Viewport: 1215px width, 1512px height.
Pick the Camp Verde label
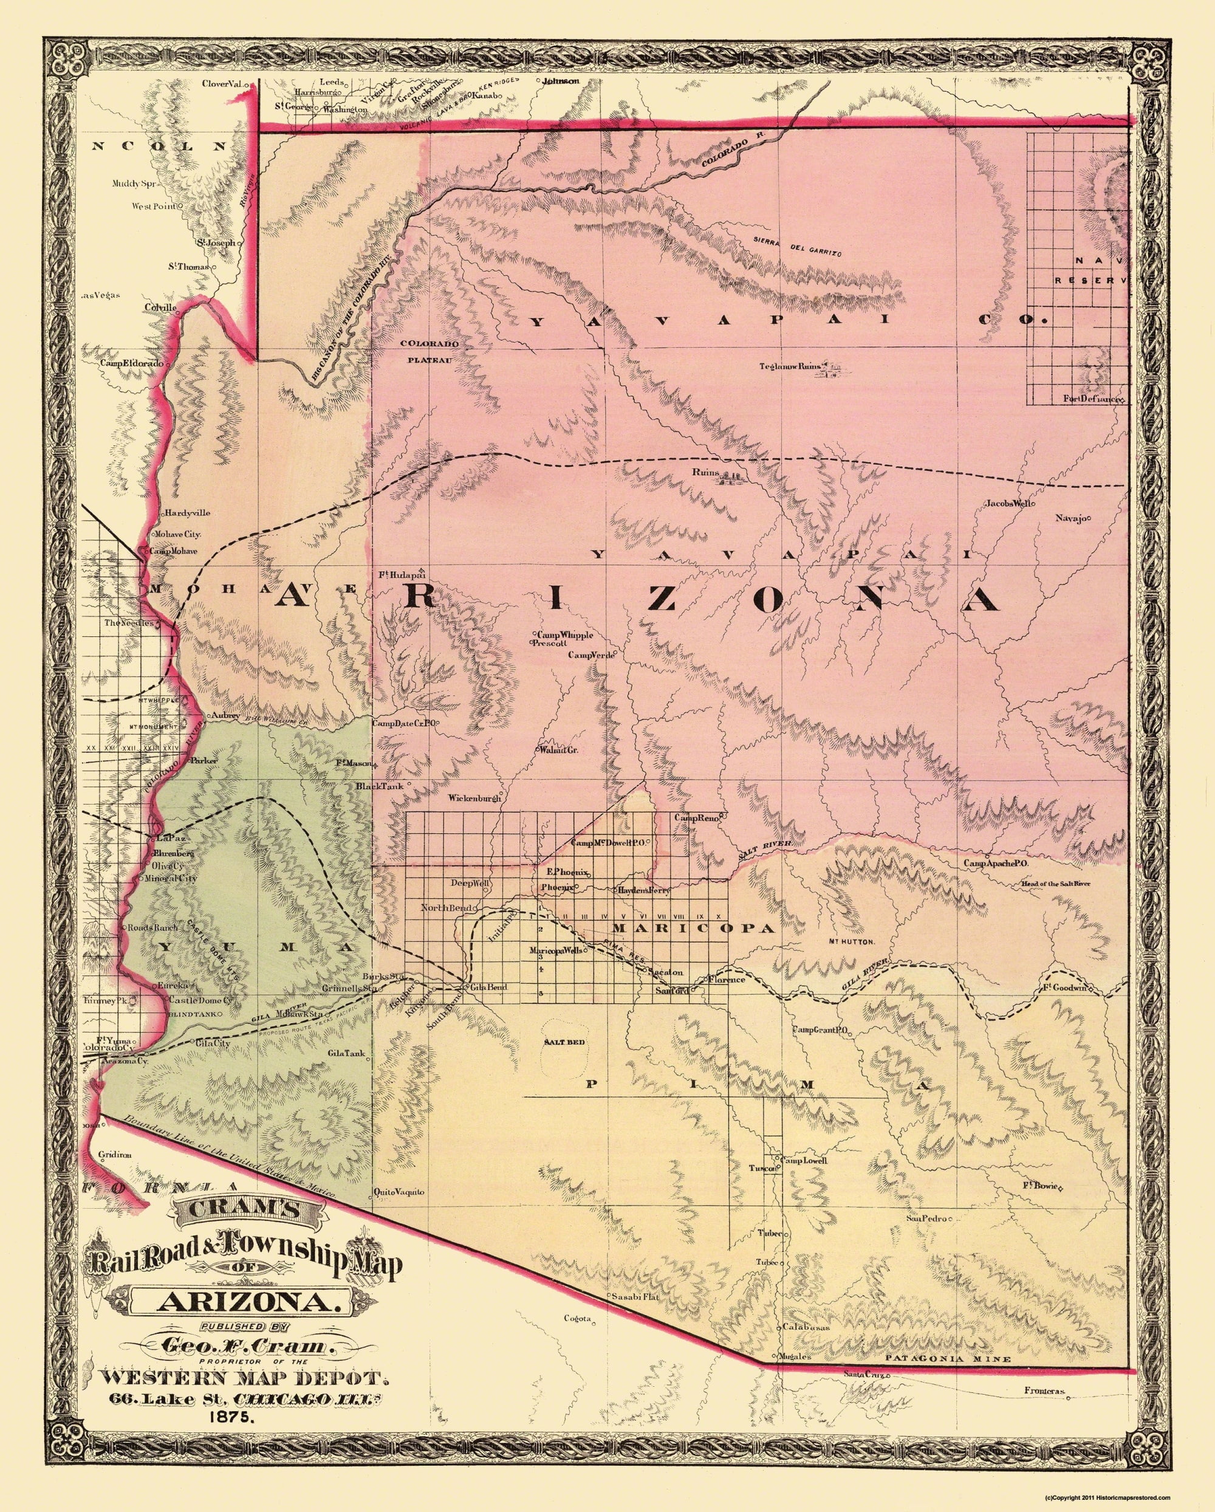point(591,655)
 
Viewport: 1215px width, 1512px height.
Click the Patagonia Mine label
point(947,1340)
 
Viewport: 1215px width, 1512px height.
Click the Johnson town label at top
point(561,81)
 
